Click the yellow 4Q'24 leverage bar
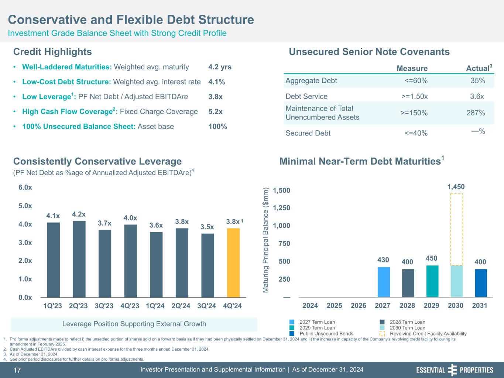(x=233, y=262)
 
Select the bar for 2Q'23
(x=79, y=259)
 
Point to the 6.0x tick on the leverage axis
(x=25, y=188)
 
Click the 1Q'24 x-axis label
(x=155, y=306)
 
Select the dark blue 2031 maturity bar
(x=481, y=283)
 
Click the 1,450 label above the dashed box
(x=456, y=187)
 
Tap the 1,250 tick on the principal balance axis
(x=281, y=208)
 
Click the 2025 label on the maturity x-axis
(x=334, y=306)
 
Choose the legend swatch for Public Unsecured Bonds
(x=292, y=334)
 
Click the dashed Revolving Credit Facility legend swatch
(x=382, y=334)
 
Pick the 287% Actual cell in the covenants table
(x=476, y=113)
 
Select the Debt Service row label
(x=306, y=96)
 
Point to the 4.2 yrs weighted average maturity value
(x=220, y=67)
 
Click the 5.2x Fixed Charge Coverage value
(x=215, y=111)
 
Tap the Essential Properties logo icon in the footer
(x=452, y=370)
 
